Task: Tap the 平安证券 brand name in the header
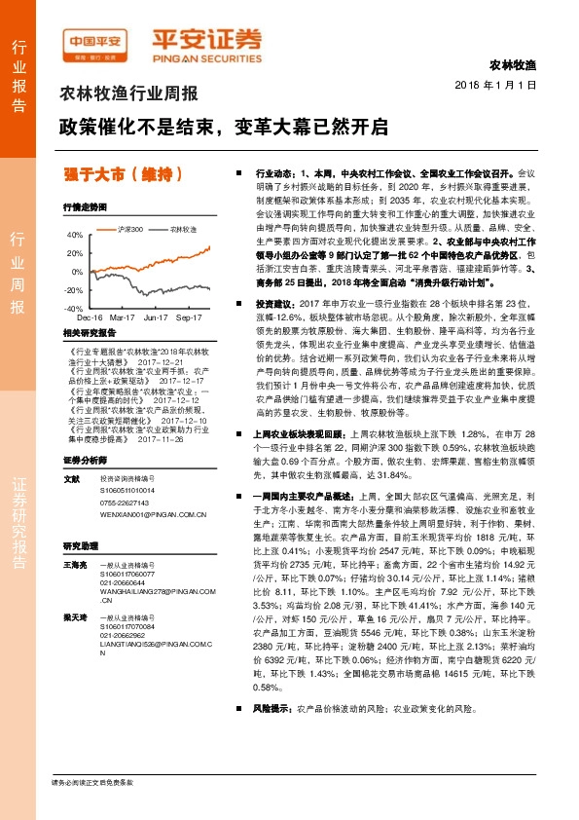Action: point(205,40)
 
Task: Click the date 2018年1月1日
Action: point(495,86)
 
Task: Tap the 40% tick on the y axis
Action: point(74,235)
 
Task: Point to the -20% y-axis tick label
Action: point(73,290)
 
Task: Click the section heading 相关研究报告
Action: point(90,333)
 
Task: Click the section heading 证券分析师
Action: point(83,459)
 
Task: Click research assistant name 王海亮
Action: point(74,565)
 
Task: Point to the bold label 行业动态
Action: point(274,168)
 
